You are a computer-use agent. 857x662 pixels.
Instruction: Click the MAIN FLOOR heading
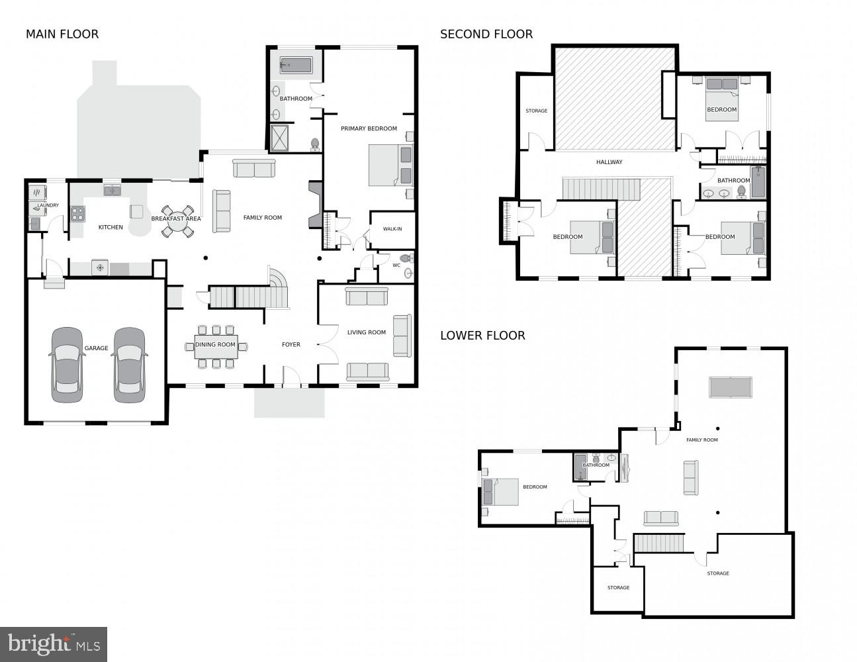[62, 34]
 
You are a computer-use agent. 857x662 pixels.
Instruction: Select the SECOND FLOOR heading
[486, 34]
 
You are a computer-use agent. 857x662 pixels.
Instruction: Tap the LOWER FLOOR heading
[482, 336]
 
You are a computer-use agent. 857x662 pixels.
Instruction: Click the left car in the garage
[68, 365]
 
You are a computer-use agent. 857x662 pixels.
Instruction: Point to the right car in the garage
[129, 365]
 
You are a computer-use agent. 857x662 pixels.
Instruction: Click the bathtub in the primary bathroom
[296, 65]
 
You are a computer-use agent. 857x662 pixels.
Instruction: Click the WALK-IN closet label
[392, 229]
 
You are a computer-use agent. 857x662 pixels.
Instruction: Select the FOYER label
[291, 344]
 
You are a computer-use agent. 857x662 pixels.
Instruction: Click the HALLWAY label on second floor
[609, 162]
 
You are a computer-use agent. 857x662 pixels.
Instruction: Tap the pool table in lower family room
[731, 387]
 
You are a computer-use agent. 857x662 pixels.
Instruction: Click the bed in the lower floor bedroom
[501, 493]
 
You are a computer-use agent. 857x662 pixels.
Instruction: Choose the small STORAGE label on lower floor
[618, 588]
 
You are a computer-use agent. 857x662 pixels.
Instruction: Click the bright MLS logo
[54, 644]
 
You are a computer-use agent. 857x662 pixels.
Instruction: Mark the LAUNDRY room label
[48, 205]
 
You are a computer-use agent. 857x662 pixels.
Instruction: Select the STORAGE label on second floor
[536, 111]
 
